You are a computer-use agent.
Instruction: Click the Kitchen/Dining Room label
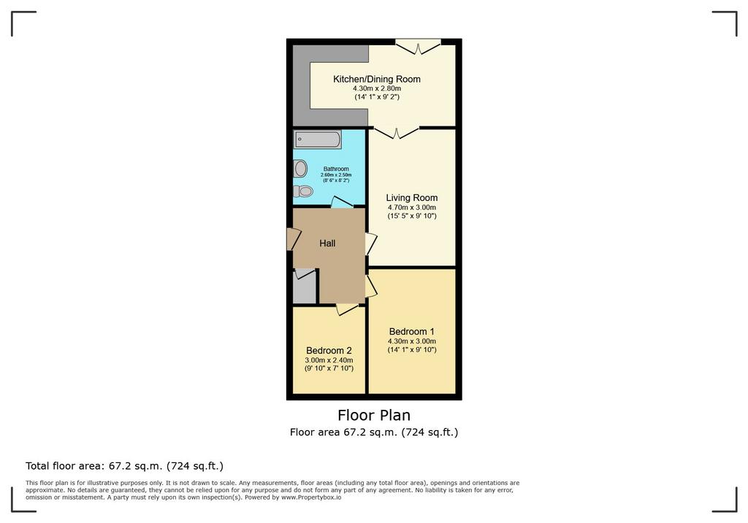pyautogui.click(x=377, y=79)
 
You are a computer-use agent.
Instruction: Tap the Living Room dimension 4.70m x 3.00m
pyautogui.click(x=412, y=207)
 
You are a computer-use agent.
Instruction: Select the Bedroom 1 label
pyautogui.click(x=412, y=331)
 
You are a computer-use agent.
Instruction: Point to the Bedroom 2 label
pyautogui.click(x=329, y=351)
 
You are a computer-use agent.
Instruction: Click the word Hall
pyautogui.click(x=327, y=243)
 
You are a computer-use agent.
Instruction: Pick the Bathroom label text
pyautogui.click(x=336, y=169)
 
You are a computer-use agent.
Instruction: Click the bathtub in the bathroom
pyautogui.click(x=317, y=140)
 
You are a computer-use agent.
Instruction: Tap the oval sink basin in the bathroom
pyautogui.click(x=300, y=169)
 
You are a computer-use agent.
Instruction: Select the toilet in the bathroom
pyautogui.click(x=303, y=191)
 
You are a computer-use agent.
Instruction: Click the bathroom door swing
pyautogui.click(x=342, y=202)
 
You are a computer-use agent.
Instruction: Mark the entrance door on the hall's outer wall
pyautogui.click(x=293, y=239)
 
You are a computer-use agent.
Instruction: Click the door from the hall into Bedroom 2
pyautogui.click(x=347, y=309)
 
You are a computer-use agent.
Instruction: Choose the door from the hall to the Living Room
pyautogui.click(x=371, y=244)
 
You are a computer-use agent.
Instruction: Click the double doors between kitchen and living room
pyautogui.click(x=397, y=133)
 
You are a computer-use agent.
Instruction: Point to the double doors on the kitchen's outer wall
pyautogui.click(x=418, y=47)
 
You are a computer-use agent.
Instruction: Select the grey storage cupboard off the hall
pyautogui.click(x=305, y=286)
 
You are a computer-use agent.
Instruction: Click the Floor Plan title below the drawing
pyautogui.click(x=374, y=415)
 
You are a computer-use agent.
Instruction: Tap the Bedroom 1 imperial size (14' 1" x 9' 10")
pyautogui.click(x=412, y=350)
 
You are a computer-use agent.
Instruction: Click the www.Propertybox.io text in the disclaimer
pyautogui.click(x=311, y=497)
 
